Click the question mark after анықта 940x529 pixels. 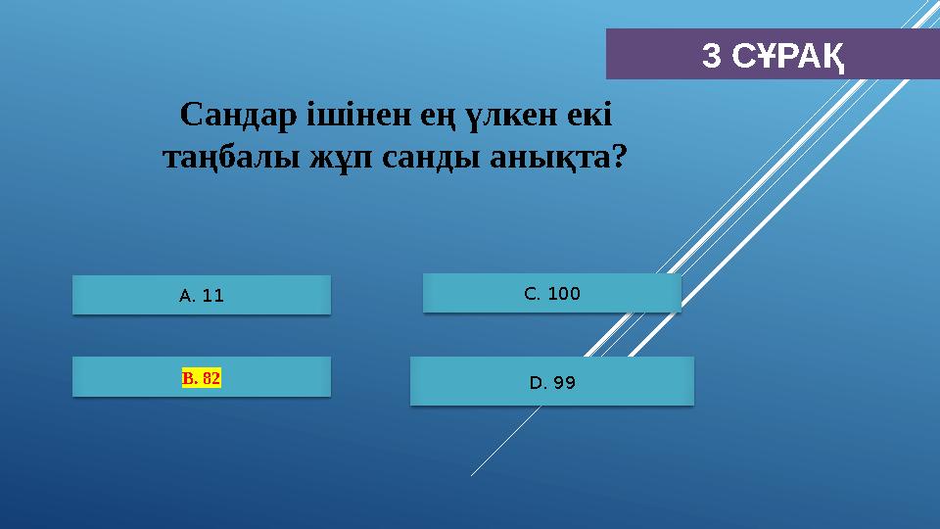coord(618,156)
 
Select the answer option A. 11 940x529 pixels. coord(202,295)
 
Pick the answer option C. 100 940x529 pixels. coord(552,293)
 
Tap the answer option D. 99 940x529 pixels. coord(552,382)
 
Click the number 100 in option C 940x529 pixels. coord(564,293)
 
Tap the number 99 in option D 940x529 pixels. coord(564,382)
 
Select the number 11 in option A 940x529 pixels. coord(213,295)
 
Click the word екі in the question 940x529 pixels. coord(589,117)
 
